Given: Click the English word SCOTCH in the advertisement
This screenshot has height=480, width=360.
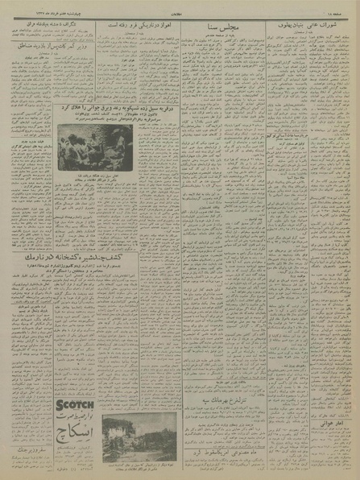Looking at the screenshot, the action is point(75,403).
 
